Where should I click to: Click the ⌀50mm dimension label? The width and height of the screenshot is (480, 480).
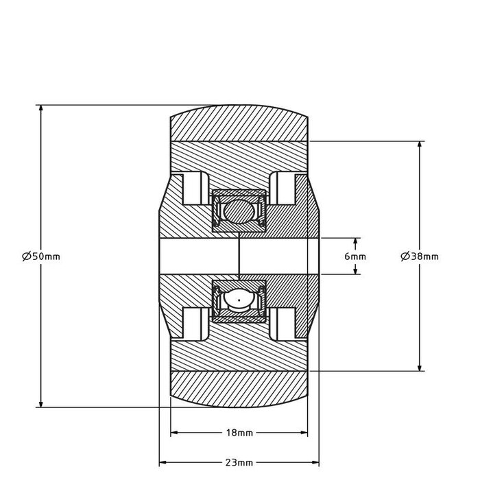click(42, 256)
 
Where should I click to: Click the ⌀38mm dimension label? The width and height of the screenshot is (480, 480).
click(419, 256)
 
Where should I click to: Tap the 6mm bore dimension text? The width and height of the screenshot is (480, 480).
click(355, 256)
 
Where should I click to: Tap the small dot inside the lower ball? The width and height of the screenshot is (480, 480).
click(239, 300)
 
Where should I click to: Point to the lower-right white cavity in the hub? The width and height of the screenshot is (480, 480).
click(283, 322)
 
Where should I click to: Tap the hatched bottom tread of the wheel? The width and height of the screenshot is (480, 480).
click(239, 389)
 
